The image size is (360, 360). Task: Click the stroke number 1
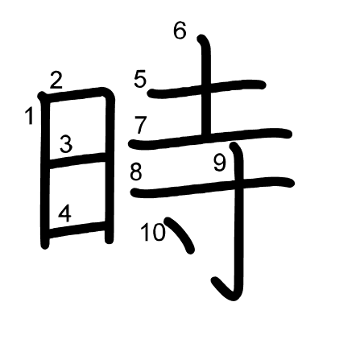[x=29, y=116]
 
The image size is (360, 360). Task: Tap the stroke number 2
[x=56, y=81]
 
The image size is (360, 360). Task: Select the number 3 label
[x=66, y=144]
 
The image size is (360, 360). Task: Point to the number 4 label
[x=65, y=214]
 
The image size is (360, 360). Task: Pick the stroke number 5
[x=140, y=79]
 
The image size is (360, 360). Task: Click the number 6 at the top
[x=180, y=31]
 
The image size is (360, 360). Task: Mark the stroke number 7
[x=140, y=125]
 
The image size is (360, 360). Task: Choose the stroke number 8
[x=136, y=172]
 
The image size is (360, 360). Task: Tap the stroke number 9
[x=220, y=163]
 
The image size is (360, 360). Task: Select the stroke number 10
[x=153, y=232]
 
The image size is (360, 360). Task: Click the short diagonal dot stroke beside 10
[x=180, y=235]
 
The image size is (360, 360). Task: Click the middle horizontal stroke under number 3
[x=77, y=160]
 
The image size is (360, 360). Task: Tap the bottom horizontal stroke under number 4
[x=77, y=230]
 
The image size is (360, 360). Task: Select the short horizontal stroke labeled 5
[x=207, y=89]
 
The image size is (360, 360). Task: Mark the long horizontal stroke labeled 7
[x=210, y=139]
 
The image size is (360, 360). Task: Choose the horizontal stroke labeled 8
[x=213, y=188]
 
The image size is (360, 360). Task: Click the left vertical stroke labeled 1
[x=45, y=171]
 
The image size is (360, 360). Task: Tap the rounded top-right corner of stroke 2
[x=109, y=93]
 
